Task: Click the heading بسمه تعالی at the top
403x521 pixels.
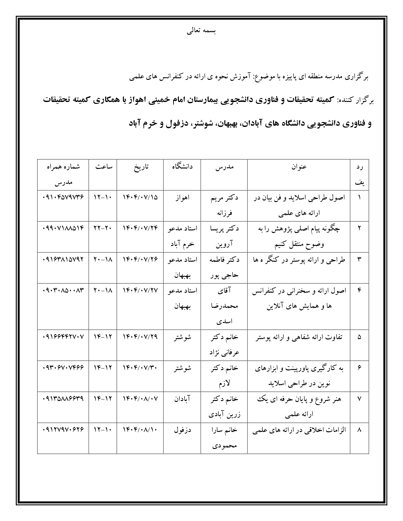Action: (201, 31)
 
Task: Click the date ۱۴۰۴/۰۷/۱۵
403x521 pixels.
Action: (140, 198)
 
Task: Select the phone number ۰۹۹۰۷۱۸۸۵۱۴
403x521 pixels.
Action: (63, 228)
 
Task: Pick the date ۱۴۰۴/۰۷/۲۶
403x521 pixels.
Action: (140, 260)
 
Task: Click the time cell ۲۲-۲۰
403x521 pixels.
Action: (103, 228)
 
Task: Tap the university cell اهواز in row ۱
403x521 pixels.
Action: (182, 198)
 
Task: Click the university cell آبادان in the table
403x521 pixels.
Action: (182, 399)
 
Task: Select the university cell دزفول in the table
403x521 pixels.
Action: (182, 430)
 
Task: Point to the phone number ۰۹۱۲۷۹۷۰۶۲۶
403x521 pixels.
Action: (63, 430)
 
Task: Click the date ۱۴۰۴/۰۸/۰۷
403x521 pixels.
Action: (140, 399)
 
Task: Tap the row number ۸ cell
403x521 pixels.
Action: (359, 430)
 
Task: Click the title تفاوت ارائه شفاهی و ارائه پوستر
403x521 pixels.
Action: (299, 337)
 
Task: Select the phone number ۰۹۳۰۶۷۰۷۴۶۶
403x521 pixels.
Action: (63, 368)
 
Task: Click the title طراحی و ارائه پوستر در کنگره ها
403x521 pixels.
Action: (299, 260)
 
